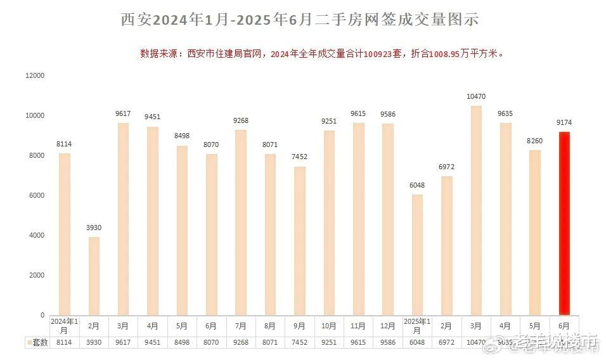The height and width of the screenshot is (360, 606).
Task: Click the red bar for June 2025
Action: click(564, 223)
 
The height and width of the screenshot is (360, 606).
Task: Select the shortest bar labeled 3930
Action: click(94, 276)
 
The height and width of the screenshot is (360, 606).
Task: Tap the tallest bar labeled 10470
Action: click(475, 210)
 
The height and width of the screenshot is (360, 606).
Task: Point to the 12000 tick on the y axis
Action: click(34, 75)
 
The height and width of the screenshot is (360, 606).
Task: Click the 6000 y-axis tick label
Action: click(36, 195)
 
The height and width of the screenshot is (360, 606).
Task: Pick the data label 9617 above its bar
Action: click(123, 114)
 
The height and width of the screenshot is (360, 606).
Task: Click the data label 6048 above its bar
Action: click(416, 186)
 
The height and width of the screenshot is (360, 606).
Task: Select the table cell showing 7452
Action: click(299, 342)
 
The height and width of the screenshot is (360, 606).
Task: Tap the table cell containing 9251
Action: click(328, 342)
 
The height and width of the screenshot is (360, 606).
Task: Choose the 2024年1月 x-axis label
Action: click(64, 326)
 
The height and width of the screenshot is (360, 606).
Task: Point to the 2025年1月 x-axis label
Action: click(417, 326)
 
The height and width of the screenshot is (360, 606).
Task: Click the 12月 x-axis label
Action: click(387, 326)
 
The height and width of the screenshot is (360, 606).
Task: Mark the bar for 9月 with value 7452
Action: click(299, 241)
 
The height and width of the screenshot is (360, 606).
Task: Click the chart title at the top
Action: click(300, 20)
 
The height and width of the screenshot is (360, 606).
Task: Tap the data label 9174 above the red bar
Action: click(564, 122)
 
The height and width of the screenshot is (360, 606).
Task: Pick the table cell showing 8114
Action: click(64, 342)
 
